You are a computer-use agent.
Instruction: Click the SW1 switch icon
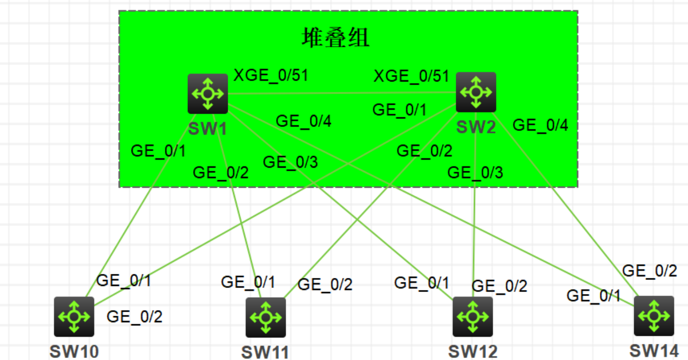pyautogui.click(x=208, y=94)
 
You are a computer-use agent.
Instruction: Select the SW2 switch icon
pyautogui.click(x=476, y=92)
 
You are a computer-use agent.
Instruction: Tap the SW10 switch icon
pyautogui.click(x=74, y=316)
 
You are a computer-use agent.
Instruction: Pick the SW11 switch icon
pyautogui.click(x=265, y=317)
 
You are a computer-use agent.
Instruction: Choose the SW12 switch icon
pyautogui.click(x=472, y=316)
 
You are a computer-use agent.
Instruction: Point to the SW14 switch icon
pyautogui.click(x=654, y=316)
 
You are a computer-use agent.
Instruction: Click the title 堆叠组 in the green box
pyautogui.click(x=336, y=38)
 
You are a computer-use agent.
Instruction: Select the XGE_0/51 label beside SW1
pyautogui.click(x=270, y=76)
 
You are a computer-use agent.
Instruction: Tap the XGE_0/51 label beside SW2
pyautogui.click(x=411, y=77)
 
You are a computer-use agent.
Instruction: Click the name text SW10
pyautogui.click(x=74, y=351)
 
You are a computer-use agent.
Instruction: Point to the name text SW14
pyautogui.click(x=654, y=350)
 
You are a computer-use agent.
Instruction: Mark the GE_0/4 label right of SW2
pyautogui.click(x=540, y=125)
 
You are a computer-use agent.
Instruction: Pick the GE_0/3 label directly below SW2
pyautogui.click(x=475, y=173)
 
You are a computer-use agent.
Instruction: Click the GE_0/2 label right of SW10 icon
pyautogui.click(x=134, y=317)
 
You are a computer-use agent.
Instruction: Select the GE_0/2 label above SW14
pyautogui.click(x=650, y=271)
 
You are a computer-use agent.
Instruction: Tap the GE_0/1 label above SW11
pyautogui.click(x=248, y=282)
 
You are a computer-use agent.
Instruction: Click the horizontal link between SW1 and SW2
pyautogui.click(x=342, y=93)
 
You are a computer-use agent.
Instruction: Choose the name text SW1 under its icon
pyautogui.click(x=207, y=128)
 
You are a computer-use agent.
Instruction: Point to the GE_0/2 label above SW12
pyautogui.click(x=500, y=286)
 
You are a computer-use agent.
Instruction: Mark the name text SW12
pyautogui.click(x=472, y=351)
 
